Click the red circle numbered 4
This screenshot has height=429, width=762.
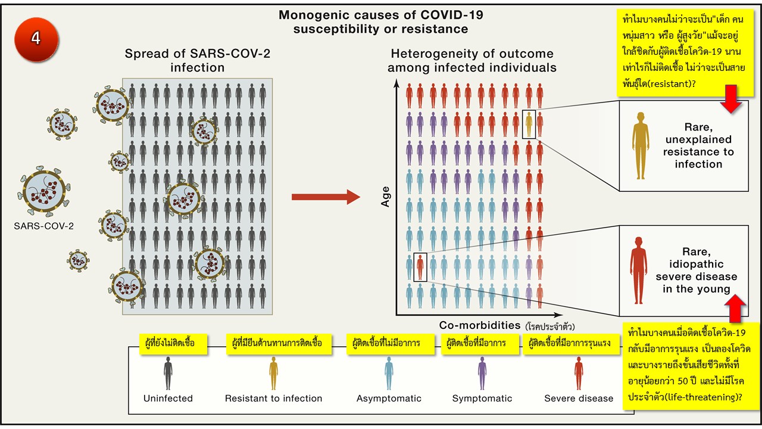36,38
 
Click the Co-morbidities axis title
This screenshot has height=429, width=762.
479,325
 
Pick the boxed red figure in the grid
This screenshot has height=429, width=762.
420,266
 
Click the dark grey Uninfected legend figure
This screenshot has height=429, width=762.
168,373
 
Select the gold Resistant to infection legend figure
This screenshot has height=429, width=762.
273,373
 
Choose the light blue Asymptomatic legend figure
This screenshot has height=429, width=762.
389,373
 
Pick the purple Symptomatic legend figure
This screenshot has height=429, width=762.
482,373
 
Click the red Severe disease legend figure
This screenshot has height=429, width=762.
579,373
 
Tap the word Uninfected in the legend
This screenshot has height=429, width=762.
168,398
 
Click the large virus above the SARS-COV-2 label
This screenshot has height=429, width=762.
44,191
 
